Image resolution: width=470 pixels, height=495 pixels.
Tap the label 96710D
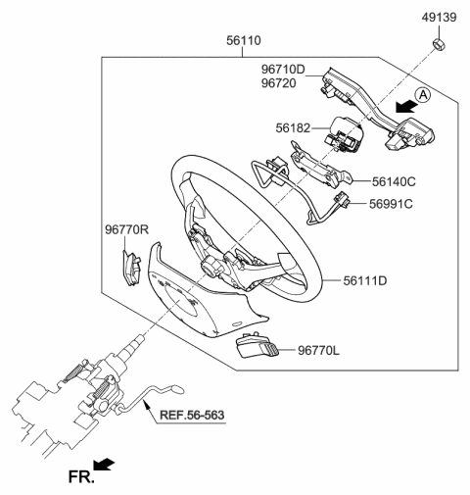284,69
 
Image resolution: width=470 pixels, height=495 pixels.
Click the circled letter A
423,95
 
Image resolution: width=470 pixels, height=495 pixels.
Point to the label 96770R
126,229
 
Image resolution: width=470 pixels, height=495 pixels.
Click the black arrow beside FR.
102,463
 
